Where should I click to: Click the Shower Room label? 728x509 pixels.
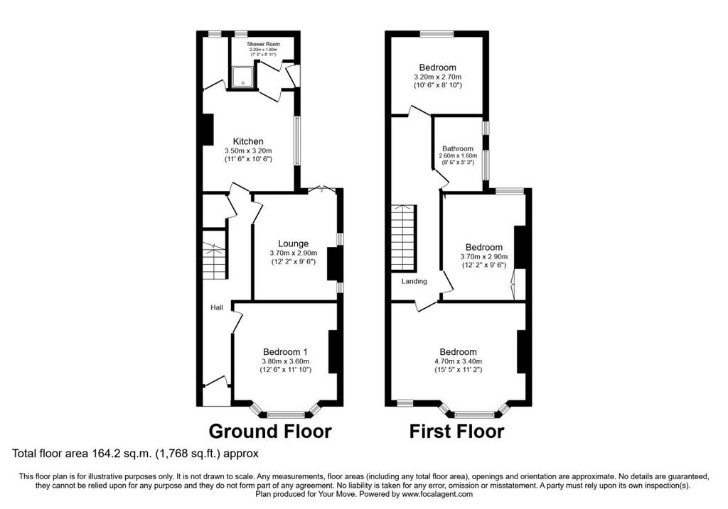(x=263, y=44)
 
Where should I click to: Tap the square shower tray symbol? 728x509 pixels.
(x=243, y=77)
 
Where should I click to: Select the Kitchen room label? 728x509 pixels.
(x=248, y=141)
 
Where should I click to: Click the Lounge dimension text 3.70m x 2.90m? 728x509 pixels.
(x=294, y=253)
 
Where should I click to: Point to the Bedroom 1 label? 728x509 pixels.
(x=285, y=352)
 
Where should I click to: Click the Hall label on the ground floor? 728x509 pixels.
(x=217, y=307)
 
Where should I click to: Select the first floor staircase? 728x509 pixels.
(x=403, y=237)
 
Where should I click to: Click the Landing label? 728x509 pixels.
(x=414, y=281)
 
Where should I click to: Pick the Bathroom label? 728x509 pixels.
(x=458, y=149)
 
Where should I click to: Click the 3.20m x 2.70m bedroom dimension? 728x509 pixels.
(x=438, y=77)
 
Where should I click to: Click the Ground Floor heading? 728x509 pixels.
(x=270, y=431)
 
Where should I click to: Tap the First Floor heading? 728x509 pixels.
(x=456, y=431)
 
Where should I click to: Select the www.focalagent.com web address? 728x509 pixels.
(x=437, y=494)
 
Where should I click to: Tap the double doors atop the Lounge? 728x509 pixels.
(x=321, y=190)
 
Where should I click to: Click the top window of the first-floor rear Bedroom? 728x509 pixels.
(x=437, y=33)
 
